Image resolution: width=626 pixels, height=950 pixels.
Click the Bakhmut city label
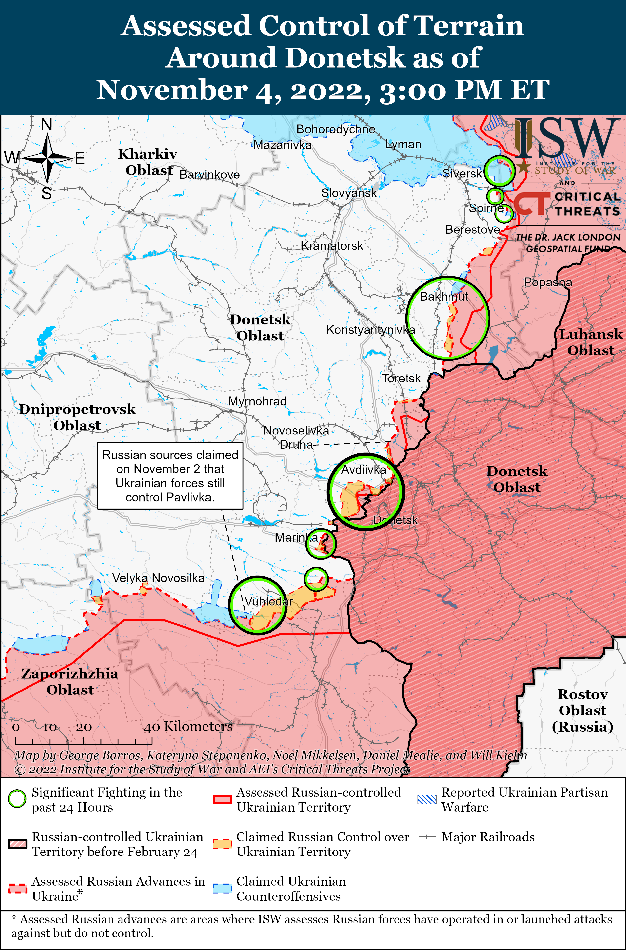click(444, 297)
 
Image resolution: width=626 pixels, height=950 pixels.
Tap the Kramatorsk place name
click(332, 246)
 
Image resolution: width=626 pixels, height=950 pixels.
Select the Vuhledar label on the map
click(269, 601)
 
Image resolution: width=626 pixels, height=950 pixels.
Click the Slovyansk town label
click(349, 193)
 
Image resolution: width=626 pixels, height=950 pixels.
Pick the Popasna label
click(547, 282)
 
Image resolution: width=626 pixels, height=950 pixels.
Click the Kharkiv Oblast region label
click(148, 162)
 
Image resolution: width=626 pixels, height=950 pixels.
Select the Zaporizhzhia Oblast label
click(70, 681)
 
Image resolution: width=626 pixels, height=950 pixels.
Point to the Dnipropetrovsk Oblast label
click(77, 417)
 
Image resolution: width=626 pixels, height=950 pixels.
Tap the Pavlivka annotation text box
click(170, 475)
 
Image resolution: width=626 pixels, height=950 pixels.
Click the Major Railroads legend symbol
click(427, 837)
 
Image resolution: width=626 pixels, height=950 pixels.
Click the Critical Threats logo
click(566, 204)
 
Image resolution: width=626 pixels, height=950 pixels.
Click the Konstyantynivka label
click(370, 330)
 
